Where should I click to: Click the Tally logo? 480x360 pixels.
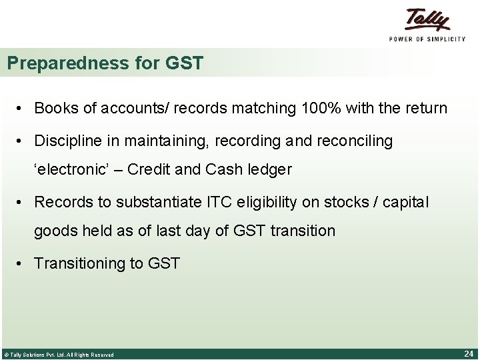click(427, 19)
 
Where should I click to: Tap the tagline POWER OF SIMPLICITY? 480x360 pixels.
click(427, 39)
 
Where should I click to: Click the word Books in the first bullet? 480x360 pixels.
click(54, 108)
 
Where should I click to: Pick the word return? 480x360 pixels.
click(425, 108)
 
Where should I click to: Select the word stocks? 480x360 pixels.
click(354, 201)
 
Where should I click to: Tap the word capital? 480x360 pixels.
click(406, 201)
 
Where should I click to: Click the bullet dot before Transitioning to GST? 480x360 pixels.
click(23, 263)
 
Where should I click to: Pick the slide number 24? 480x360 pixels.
click(468, 354)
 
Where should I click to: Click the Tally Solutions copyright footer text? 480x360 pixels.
click(59, 355)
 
